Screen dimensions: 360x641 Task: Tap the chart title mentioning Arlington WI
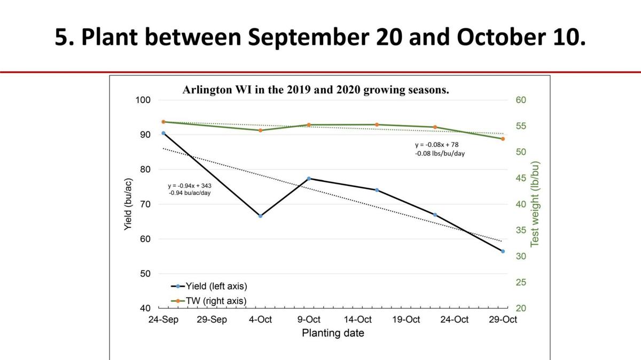(316, 90)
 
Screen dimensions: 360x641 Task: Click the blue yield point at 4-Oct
(261, 216)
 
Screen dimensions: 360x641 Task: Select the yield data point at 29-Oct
(503, 251)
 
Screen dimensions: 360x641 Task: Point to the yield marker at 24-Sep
(163, 133)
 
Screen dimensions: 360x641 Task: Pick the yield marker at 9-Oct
(309, 178)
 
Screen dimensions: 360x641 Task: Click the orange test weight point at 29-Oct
(503, 139)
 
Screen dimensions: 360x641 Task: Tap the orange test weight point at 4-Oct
(261, 130)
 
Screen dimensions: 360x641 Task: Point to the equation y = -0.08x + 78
(436, 145)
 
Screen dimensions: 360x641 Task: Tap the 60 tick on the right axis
(520, 100)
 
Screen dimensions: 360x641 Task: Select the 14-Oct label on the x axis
(357, 319)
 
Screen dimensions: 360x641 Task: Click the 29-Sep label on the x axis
(212, 319)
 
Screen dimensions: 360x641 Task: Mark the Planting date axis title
(333, 333)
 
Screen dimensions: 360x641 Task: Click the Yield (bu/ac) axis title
(128, 205)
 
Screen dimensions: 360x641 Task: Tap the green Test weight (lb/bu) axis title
(535, 204)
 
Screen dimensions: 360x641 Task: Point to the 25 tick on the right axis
(520, 282)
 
